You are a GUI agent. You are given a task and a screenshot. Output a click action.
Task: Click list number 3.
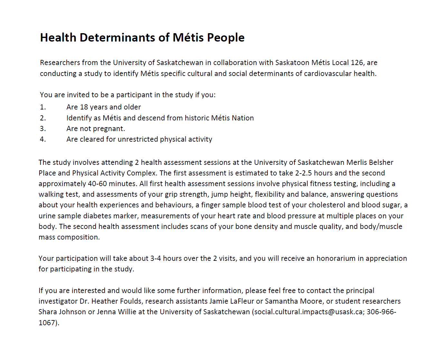coord(43,128)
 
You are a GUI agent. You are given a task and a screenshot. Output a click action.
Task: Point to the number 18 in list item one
coord(84,107)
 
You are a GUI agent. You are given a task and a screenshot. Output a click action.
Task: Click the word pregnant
coord(109,129)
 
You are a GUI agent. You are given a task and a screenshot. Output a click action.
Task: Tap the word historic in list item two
coord(197,118)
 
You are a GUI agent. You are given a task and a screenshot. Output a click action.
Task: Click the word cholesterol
coord(327,205)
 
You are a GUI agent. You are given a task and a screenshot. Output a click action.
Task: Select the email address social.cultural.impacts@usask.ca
coord(308,312)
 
